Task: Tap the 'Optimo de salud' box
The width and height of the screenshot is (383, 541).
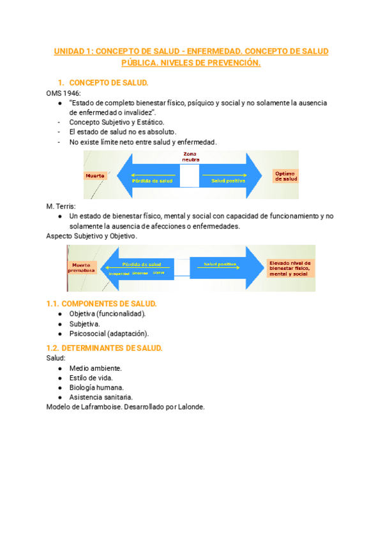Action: pyautogui.click(x=285, y=176)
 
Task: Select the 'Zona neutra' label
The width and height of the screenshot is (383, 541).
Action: pyautogui.click(x=190, y=157)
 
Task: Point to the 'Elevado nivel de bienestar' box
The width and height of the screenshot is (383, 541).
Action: pyautogui.click(x=289, y=267)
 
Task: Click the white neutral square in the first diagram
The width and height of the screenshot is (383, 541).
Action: pyautogui.click(x=190, y=176)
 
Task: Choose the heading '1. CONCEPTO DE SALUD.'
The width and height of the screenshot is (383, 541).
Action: pyautogui.click(x=109, y=83)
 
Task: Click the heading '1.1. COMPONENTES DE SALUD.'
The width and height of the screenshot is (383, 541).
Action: pyautogui.click(x=101, y=304)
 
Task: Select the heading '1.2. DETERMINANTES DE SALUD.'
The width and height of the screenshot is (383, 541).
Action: pyautogui.click(x=105, y=348)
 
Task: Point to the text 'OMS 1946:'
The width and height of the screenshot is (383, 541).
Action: pyautogui.click(x=64, y=93)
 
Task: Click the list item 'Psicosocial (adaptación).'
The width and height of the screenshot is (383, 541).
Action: pyautogui.click(x=109, y=334)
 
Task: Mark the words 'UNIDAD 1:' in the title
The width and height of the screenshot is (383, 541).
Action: pyautogui.click(x=72, y=51)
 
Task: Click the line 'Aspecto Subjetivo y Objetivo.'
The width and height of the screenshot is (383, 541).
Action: pyautogui.click(x=92, y=236)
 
